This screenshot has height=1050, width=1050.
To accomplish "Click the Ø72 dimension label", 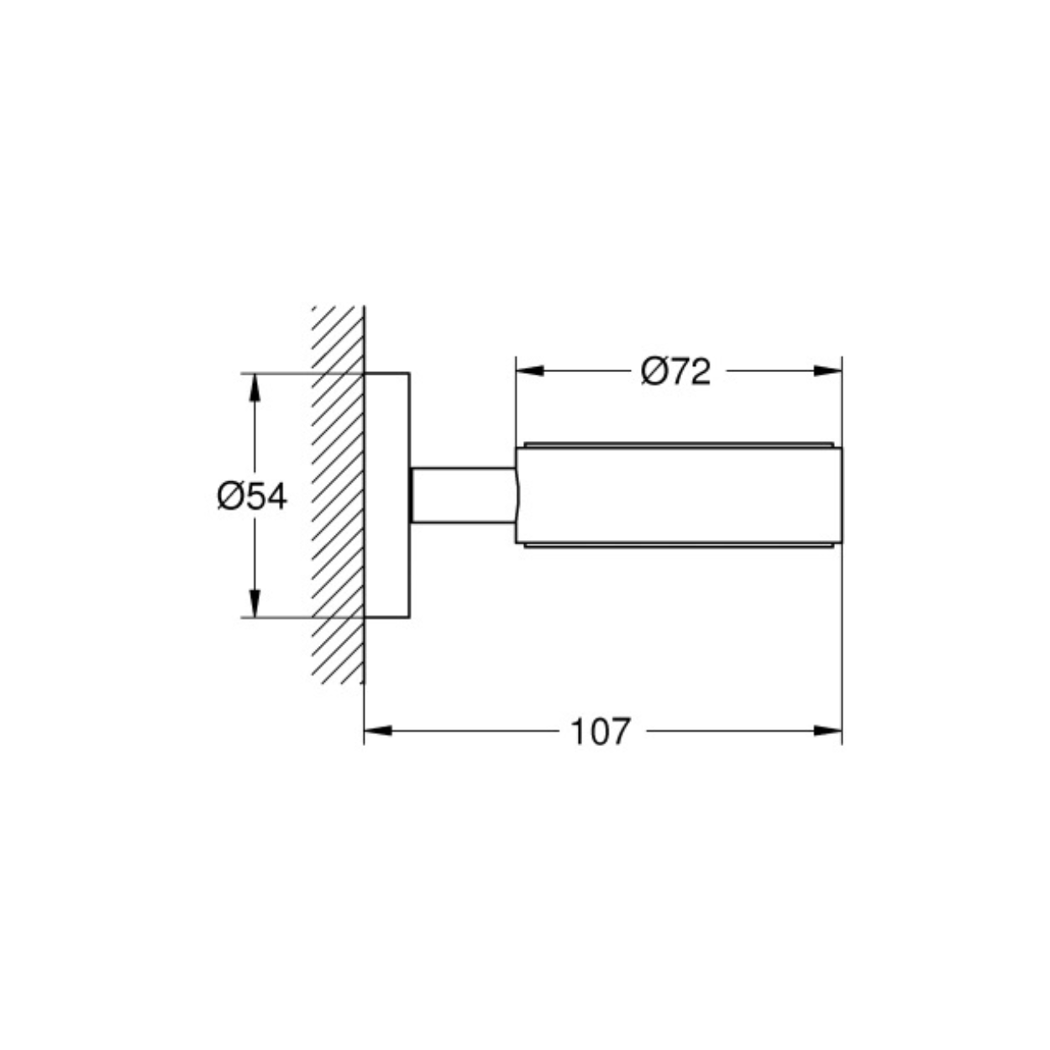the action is point(675,371).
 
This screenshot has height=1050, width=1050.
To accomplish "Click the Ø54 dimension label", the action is point(252,496).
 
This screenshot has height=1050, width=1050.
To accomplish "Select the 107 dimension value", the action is point(601,732).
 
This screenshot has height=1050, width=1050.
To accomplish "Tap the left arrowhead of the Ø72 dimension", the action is point(530,371).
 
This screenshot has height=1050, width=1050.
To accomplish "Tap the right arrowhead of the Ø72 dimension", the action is point(827,371).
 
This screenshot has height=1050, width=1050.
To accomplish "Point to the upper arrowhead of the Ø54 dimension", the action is point(255,387).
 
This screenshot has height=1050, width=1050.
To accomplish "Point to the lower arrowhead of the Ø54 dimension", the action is point(255,604).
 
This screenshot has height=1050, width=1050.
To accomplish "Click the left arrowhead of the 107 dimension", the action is point(378,731).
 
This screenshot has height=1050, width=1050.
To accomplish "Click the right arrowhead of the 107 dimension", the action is point(827,731).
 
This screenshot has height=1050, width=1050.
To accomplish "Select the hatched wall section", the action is point(338,495).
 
